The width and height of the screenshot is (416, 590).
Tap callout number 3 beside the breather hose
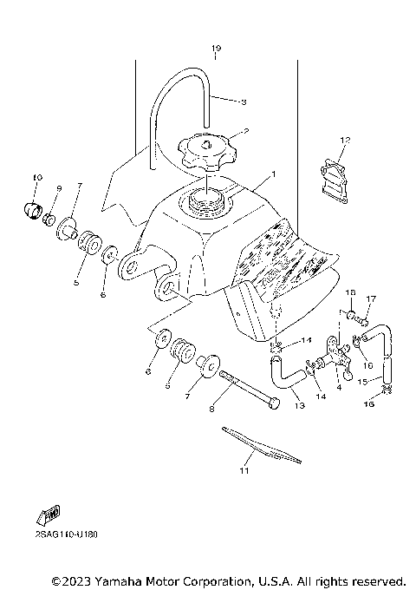pos(244,102)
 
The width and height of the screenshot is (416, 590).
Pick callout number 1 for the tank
pos(274,174)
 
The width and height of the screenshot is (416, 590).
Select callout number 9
pos(59,188)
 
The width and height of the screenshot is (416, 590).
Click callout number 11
pos(244,471)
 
